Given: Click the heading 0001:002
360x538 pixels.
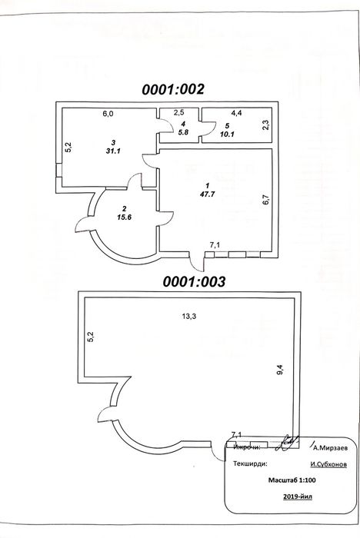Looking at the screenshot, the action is (x=173, y=89).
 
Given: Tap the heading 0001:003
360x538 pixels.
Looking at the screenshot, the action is (x=194, y=282).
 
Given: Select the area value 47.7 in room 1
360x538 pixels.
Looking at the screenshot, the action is (x=207, y=194).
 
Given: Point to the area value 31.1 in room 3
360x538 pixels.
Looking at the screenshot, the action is (x=113, y=151).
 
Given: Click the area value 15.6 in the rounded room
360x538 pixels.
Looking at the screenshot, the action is (x=125, y=218).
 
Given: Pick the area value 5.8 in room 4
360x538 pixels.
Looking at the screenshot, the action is (x=183, y=132).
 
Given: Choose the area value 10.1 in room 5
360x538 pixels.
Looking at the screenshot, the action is (x=227, y=134).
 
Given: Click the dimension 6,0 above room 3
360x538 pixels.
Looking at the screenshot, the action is (x=108, y=114).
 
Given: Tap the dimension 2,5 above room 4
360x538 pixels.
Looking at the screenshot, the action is (x=178, y=112).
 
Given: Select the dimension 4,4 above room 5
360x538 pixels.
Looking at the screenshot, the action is (x=236, y=112).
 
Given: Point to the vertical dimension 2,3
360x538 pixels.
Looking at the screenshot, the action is (x=266, y=124).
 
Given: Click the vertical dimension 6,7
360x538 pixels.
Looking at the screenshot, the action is (x=266, y=199).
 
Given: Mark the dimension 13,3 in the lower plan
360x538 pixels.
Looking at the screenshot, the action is (x=189, y=316).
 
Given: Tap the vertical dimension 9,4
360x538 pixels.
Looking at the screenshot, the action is (x=280, y=369).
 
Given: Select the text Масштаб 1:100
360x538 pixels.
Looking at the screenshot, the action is (x=292, y=480).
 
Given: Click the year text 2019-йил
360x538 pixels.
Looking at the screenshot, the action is (x=298, y=496).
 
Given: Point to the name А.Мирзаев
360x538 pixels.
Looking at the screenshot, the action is (x=331, y=448).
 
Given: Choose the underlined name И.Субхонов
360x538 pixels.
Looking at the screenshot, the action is (x=328, y=464).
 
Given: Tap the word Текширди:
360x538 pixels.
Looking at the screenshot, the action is (x=250, y=463).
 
